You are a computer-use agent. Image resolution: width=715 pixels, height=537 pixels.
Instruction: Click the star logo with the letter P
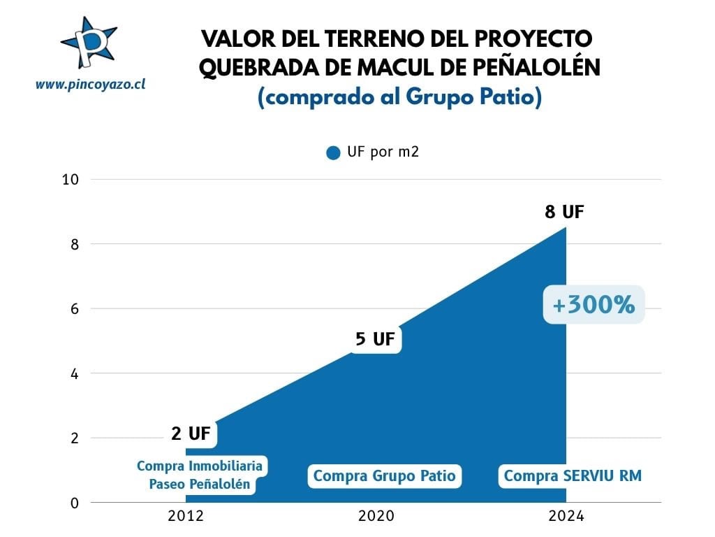[89, 43]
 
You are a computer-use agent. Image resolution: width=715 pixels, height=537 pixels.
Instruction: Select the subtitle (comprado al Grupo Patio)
[399, 97]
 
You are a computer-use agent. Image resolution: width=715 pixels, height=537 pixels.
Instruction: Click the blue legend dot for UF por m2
[333, 153]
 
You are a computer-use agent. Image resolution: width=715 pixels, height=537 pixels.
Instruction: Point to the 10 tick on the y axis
[71, 180]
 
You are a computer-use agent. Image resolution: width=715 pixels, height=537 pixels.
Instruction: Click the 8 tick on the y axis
[73, 244]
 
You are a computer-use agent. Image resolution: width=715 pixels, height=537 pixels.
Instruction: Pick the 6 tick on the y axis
[73, 309]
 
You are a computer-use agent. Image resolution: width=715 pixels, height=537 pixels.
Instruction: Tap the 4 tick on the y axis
[73, 373]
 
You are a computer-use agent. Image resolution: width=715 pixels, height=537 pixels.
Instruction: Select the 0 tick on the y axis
[73, 503]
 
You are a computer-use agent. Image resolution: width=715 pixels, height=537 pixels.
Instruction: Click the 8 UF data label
[564, 212]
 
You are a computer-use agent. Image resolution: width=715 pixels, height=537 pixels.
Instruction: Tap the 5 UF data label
[376, 340]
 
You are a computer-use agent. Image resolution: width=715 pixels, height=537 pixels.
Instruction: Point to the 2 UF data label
[190, 434]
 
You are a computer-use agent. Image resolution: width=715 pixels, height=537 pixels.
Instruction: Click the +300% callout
[594, 306]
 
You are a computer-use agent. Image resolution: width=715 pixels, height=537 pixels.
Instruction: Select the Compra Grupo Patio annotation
[384, 476]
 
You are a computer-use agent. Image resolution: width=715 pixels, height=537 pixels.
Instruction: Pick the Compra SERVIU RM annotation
[573, 476]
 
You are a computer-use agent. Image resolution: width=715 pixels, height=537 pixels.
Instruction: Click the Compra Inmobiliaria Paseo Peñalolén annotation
[200, 475]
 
